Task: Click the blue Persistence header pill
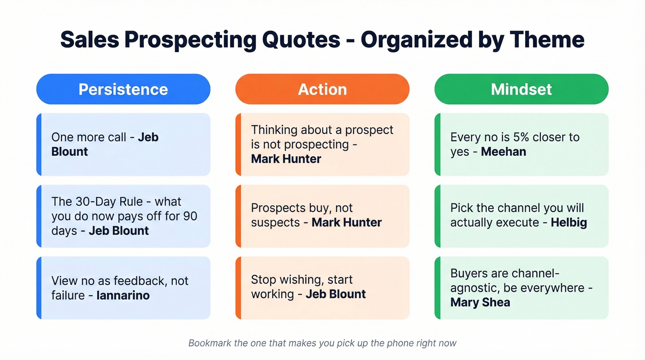pos(123,89)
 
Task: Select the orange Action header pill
pos(322,89)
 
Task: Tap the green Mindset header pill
pos(521,89)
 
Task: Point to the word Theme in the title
pos(547,40)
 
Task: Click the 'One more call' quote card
pos(123,144)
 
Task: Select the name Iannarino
pos(123,295)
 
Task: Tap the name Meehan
pos(503,152)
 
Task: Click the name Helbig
pos(569,223)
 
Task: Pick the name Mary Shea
pos(480,302)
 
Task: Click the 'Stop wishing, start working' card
pos(322,288)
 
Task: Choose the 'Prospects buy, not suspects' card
pos(322,216)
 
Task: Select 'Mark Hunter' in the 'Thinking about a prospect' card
pos(286,159)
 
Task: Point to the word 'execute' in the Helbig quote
pos(516,223)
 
